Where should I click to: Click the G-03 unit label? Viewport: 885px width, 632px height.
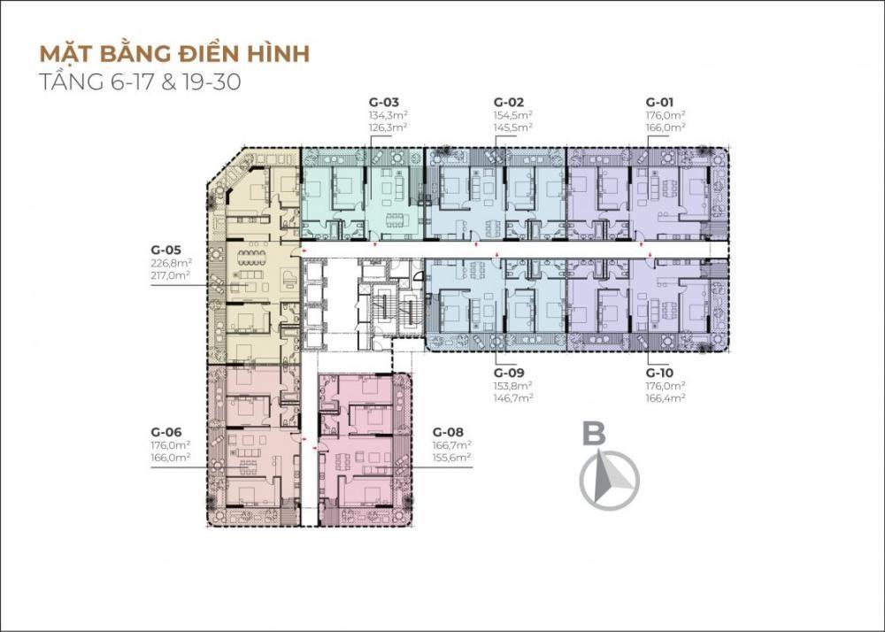tap(384, 103)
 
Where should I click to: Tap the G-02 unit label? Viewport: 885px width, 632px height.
tap(509, 103)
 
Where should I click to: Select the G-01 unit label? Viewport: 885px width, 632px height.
tap(660, 103)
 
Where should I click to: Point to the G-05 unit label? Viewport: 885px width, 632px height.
tap(166, 250)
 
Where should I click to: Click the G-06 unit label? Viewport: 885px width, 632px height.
tap(166, 432)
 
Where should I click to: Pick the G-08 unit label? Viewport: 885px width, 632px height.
tap(448, 432)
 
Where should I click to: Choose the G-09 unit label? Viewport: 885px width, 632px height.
tap(509, 373)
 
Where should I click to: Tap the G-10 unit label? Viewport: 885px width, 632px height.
tap(660, 373)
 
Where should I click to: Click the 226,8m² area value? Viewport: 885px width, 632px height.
tap(172, 262)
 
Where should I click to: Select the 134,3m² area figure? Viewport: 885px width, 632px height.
tap(388, 115)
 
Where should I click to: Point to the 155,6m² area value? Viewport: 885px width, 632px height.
tap(452, 458)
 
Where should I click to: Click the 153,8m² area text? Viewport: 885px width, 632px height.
tap(513, 385)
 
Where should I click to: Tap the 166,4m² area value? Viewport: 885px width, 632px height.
tap(666, 397)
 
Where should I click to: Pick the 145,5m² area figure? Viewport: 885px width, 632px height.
tap(513, 127)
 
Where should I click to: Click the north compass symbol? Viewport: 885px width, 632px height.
tap(610, 481)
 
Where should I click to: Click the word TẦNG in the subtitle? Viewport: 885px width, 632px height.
tap(72, 81)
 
